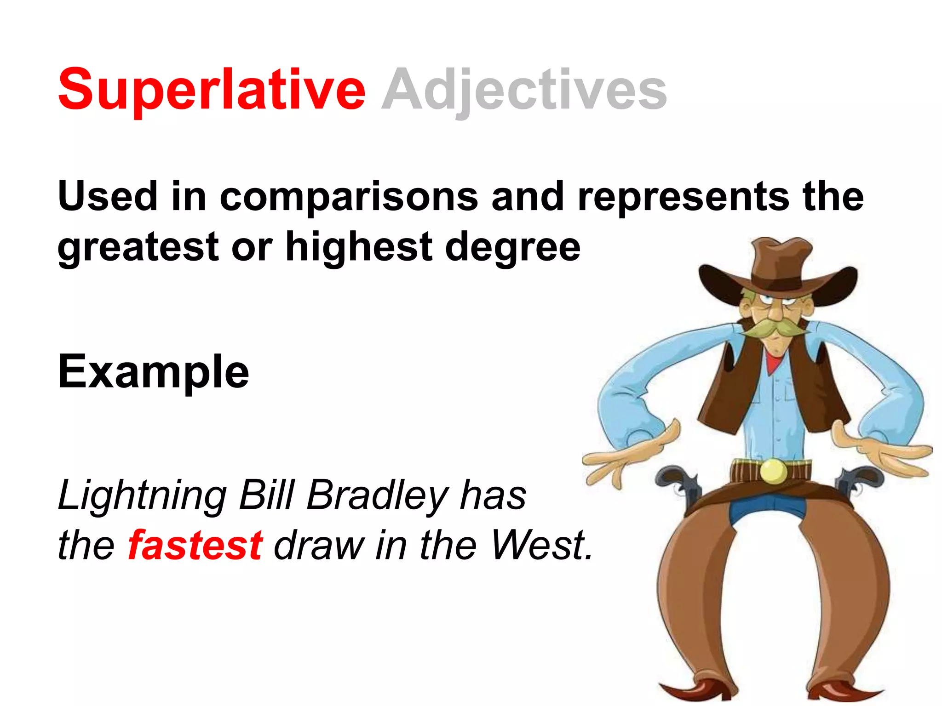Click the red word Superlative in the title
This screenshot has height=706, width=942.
tap(212, 90)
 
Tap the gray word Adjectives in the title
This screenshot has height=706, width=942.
tap(524, 90)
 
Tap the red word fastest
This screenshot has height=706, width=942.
tap(195, 546)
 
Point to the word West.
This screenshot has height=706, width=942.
tap(540, 546)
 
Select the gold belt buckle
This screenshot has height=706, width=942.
tap(773, 471)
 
